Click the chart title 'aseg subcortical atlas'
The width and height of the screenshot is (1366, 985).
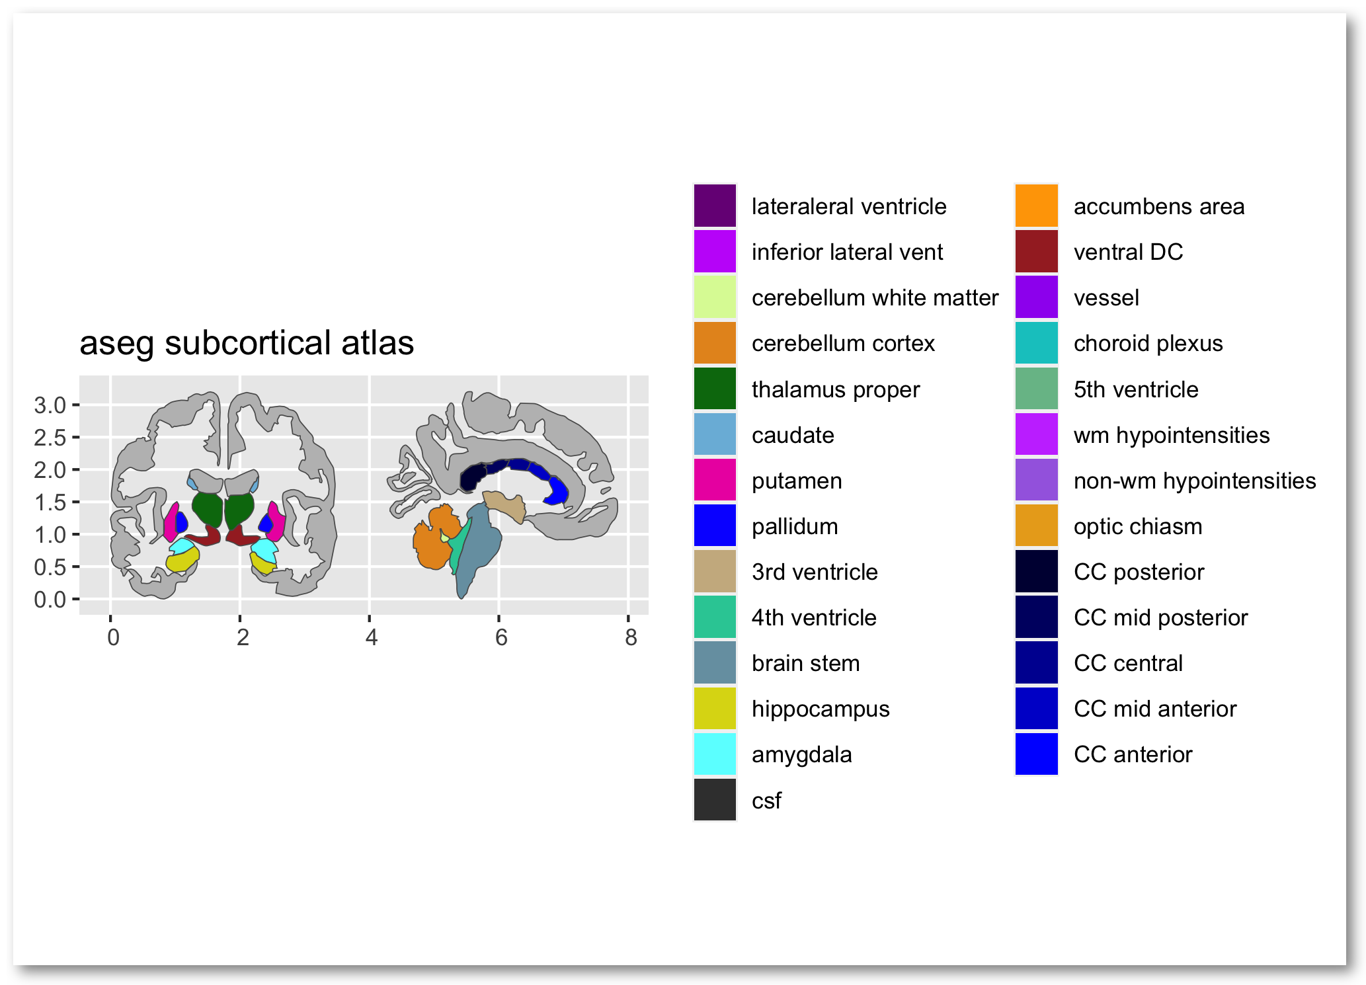pos(247,343)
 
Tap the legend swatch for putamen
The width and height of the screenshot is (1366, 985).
pos(715,480)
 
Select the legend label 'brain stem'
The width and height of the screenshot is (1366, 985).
pos(805,663)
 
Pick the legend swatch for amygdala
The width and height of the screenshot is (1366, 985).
pos(715,754)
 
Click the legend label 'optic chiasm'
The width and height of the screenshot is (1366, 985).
pos(1137,526)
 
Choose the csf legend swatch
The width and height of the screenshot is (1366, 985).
pos(715,800)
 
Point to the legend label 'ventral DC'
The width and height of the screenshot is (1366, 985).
pos(1128,252)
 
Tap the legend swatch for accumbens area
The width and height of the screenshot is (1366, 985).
pos(1037,206)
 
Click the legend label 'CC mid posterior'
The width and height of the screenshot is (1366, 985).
pos(1160,617)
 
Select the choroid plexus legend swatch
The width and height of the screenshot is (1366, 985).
pos(1037,343)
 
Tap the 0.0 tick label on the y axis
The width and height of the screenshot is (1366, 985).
pos(51,600)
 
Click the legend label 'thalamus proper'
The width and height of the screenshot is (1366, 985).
pos(835,389)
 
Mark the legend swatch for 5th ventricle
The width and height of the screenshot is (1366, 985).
pos(1037,389)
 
